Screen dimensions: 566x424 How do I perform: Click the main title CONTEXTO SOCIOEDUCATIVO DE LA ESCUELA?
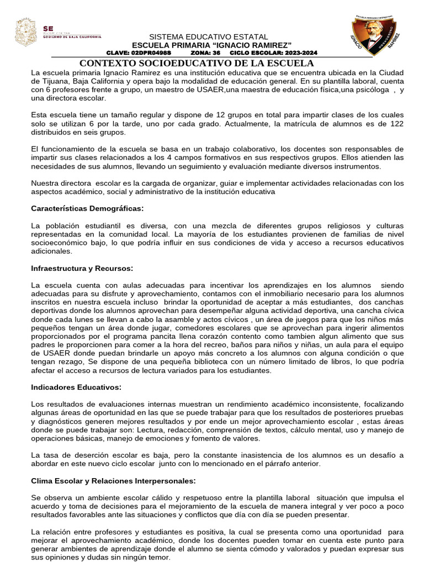tap(197, 64)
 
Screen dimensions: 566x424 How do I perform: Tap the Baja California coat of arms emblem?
tap(25, 33)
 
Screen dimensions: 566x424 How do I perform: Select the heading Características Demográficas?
tap(87, 208)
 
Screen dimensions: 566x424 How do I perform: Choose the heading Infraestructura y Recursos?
tap(82, 268)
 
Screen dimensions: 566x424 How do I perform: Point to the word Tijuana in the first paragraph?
tap(46, 81)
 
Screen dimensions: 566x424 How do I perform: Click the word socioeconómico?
tap(61, 243)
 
